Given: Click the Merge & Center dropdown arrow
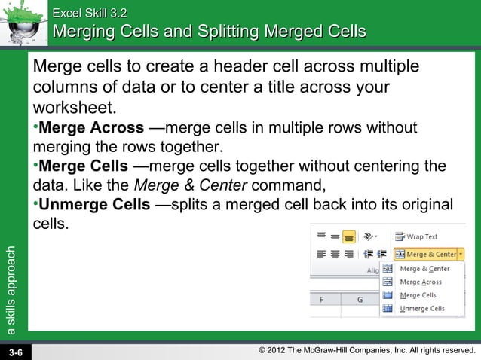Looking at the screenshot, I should (461, 255).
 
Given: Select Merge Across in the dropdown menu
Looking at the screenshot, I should (421, 282).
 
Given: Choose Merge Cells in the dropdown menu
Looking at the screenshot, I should (418, 295).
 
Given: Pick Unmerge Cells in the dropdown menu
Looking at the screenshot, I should (421, 309).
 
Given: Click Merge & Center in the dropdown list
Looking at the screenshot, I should (424, 268).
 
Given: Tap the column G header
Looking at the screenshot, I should (360, 299).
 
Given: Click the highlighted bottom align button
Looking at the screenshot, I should (349, 236).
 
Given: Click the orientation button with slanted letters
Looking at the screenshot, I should (370, 236).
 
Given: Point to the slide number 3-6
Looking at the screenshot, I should (16, 352).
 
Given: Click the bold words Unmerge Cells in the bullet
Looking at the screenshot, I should (94, 205).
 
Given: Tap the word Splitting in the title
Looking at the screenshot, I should (228, 32).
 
